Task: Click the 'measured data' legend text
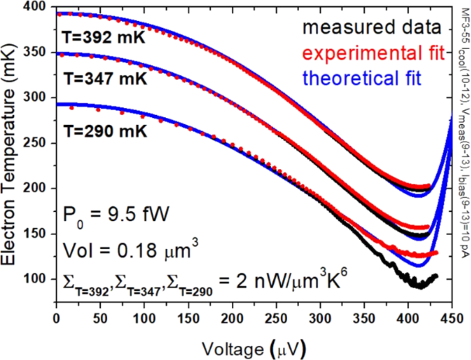(x=368, y=28)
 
